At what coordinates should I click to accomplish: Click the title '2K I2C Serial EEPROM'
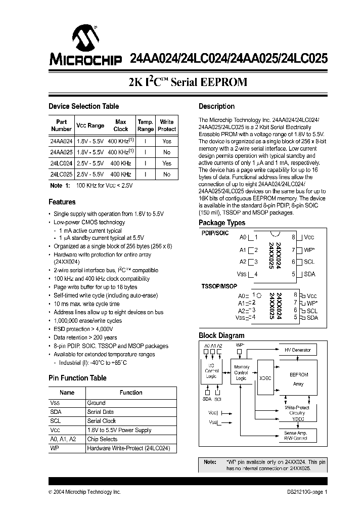[x=188, y=82]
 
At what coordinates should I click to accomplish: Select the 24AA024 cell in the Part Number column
[x=61, y=141]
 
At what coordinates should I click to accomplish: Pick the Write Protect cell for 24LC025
[x=167, y=174]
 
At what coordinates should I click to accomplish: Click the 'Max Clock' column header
[x=121, y=125]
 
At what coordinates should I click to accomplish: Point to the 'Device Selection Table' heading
[x=83, y=106]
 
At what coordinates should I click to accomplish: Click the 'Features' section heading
[x=62, y=202]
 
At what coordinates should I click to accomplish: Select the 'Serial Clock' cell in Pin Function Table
[x=102, y=421]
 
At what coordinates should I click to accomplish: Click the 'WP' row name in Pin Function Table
[x=55, y=448]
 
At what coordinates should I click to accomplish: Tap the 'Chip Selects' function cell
[x=102, y=439]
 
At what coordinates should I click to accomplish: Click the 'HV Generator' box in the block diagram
[x=298, y=350]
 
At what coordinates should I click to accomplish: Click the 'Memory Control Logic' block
[x=241, y=373]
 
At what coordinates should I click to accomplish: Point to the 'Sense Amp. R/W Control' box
[x=296, y=436]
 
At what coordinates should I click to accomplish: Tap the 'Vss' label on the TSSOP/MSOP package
[x=241, y=318]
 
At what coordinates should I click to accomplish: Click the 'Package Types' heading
[x=222, y=223]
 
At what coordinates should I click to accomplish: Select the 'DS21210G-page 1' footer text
[x=304, y=492]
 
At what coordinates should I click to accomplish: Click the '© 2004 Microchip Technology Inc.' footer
[x=84, y=492]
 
